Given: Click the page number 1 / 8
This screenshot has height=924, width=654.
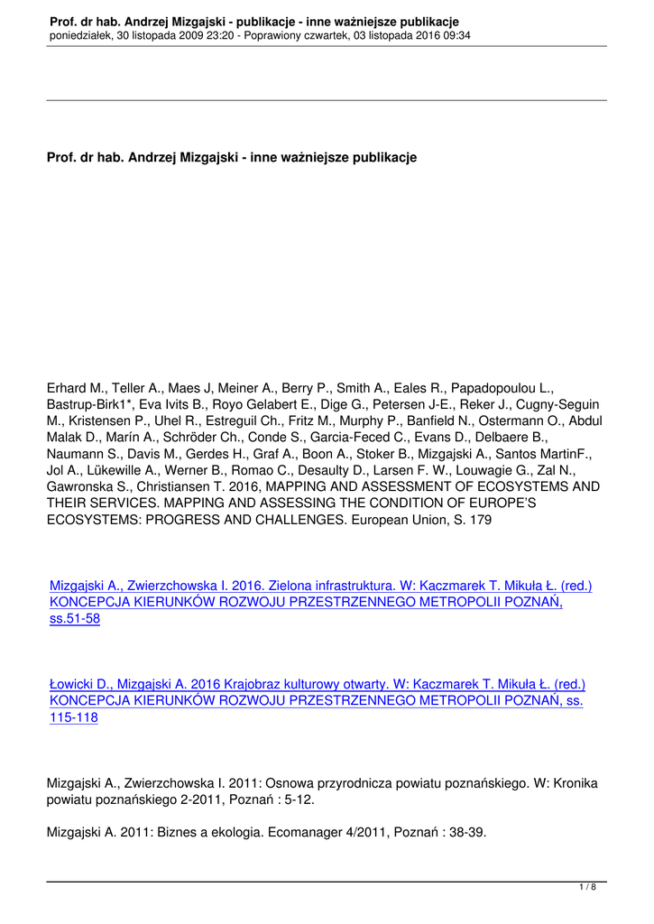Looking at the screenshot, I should (587, 888).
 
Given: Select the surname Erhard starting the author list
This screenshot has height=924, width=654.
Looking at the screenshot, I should (68, 389).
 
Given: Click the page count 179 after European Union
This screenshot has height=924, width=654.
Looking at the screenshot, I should (479, 519).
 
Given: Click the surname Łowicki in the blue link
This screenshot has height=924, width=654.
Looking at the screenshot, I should (76, 685).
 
